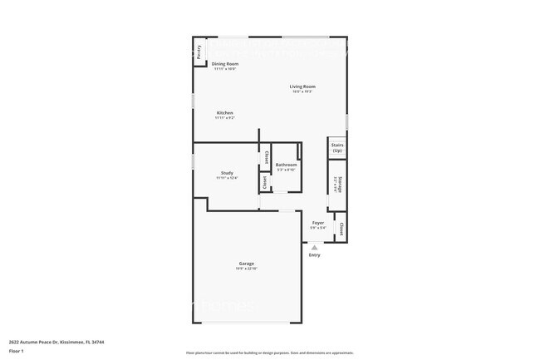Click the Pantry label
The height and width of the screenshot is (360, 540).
point(199,52)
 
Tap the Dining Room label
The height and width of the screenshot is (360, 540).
point(224,64)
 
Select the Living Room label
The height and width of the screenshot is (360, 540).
point(302,86)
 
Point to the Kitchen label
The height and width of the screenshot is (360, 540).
point(224,113)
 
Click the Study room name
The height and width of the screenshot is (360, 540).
point(226,173)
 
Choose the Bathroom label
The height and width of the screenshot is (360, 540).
point(287,165)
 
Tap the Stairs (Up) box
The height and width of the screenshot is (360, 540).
point(337,147)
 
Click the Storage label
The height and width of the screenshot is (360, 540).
point(339,183)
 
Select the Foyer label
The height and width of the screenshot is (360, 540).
point(318,223)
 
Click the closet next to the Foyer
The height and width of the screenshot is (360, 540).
point(341,228)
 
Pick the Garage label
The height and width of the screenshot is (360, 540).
point(247,264)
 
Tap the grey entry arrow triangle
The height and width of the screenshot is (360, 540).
point(314,247)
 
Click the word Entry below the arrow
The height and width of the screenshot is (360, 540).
point(314,255)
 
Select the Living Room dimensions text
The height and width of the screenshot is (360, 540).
point(302,91)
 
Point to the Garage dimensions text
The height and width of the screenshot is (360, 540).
point(247,269)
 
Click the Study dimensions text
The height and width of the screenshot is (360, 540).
point(226,178)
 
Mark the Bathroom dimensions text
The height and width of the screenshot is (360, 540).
point(287,170)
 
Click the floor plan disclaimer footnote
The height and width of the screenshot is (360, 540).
point(269,353)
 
